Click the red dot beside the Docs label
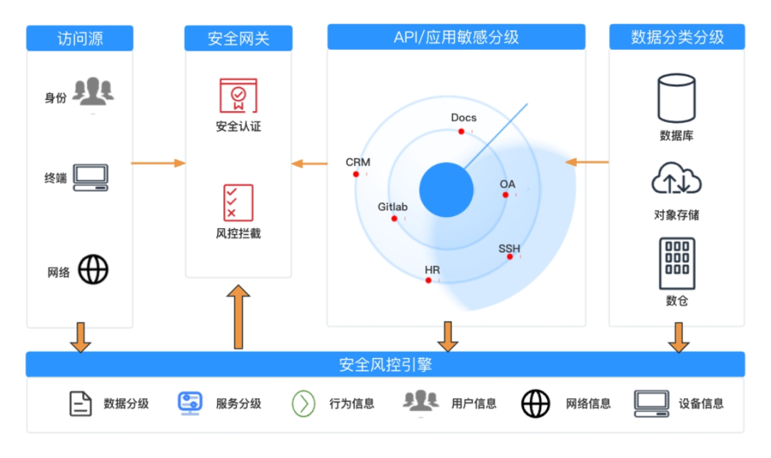461,131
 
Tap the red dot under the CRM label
356,174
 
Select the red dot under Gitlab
394,218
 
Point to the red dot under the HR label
428,280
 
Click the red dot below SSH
510,256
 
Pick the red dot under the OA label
505,194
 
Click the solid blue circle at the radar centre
446,189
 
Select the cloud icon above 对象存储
676,179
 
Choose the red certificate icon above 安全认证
238,96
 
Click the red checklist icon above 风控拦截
238,203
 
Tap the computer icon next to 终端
91,176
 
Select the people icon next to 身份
93,91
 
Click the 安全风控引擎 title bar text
385,365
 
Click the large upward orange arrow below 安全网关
238,317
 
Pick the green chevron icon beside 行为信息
303,403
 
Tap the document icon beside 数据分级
81,403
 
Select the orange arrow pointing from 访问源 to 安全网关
158,163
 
